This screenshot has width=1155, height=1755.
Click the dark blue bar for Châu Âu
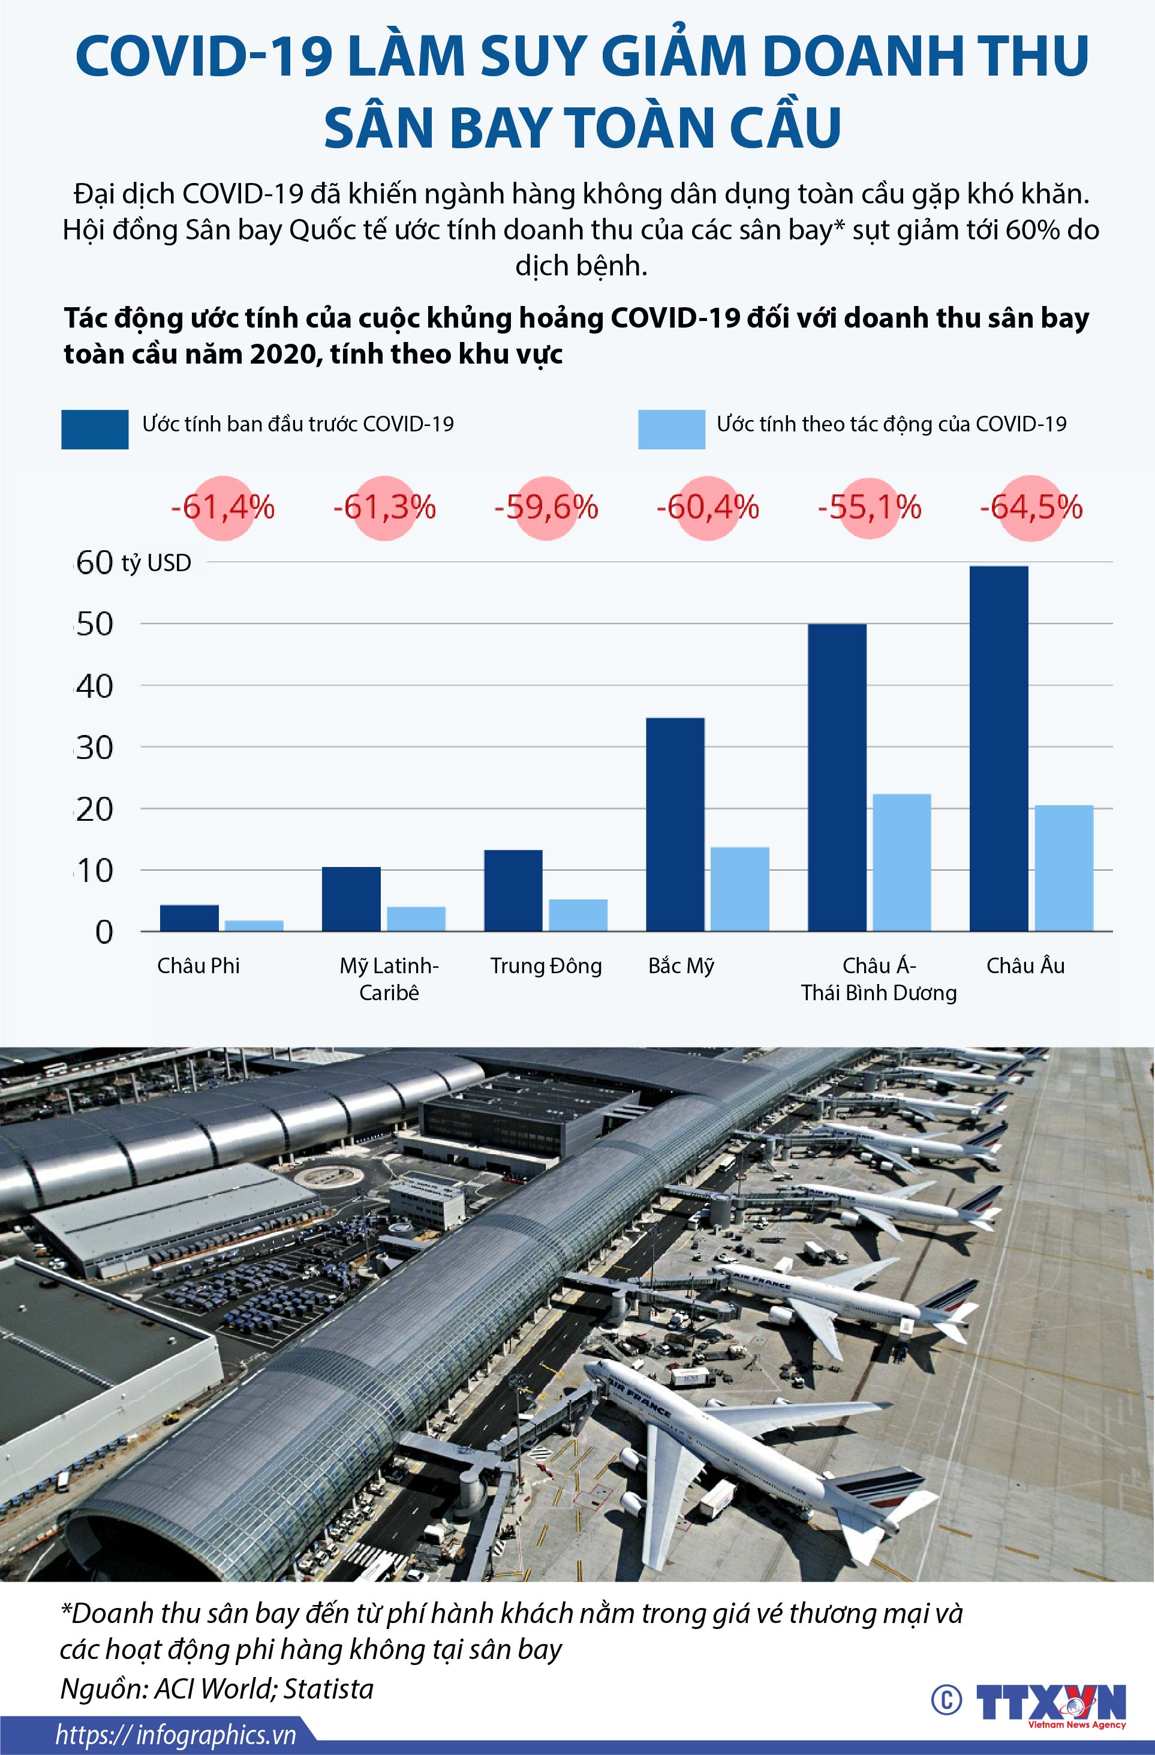(x=998, y=748)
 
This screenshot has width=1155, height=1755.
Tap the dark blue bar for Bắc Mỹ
(x=675, y=824)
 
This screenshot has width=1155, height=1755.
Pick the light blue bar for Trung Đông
(x=578, y=914)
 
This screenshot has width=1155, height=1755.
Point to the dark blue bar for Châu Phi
(x=189, y=917)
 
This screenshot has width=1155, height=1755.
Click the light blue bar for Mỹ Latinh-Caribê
(x=416, y=918)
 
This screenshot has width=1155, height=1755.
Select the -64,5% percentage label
(x=1031, y=508)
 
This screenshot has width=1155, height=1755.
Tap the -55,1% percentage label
(x=869, y=508)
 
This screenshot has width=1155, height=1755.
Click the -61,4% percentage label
(x=222, y=508)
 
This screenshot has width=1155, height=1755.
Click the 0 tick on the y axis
(x=104, y=932)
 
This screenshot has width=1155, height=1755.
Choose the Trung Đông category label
(x=546, y=966)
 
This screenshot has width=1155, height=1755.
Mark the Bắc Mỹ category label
(x=681, y=966)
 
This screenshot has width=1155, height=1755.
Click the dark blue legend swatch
(x=94, y=429)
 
